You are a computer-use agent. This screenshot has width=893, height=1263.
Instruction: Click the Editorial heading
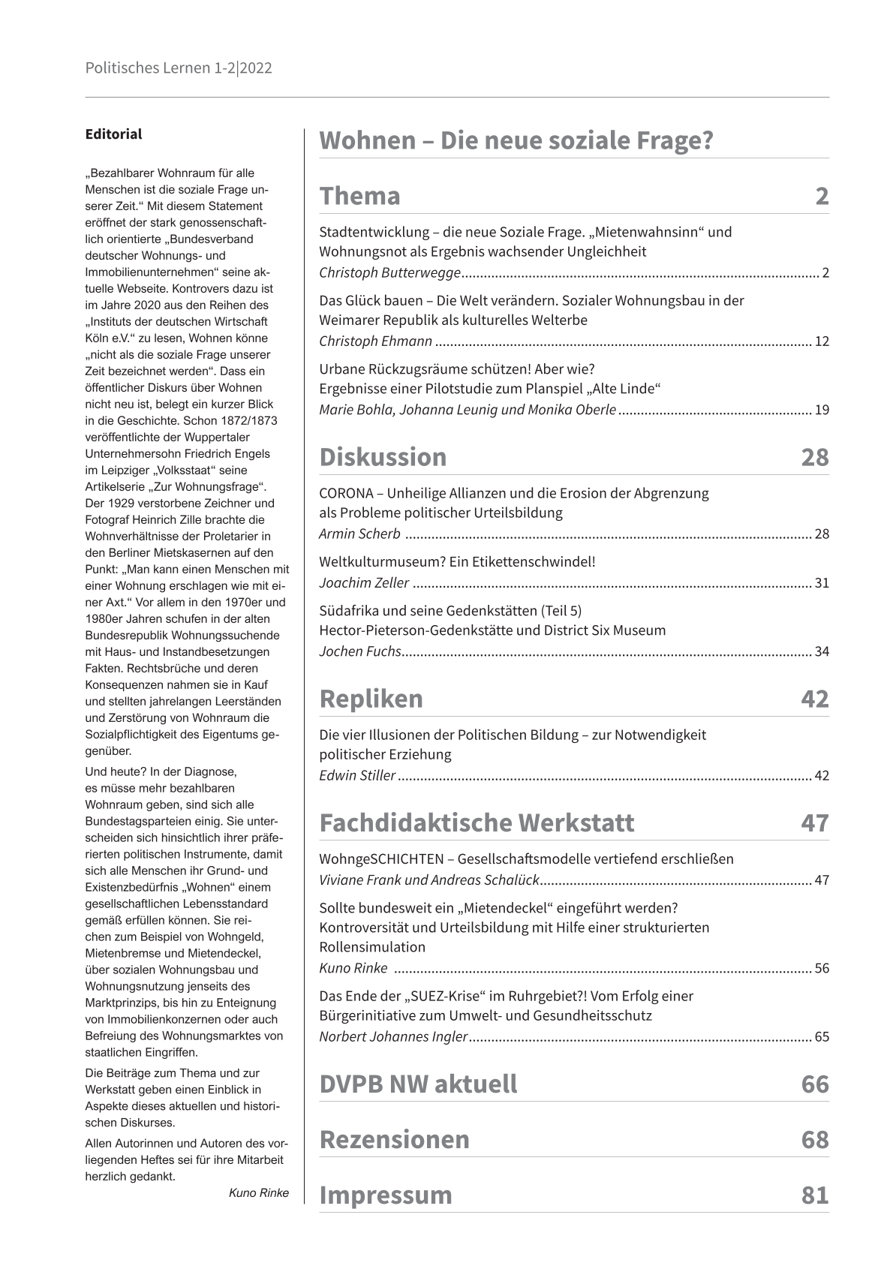tap(113, 134)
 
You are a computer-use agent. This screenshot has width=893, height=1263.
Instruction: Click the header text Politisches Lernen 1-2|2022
tap(178, 68)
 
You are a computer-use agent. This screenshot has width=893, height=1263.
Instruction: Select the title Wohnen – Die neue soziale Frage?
tap(516, 140)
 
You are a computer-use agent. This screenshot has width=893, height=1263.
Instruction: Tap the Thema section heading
tap(359, 196)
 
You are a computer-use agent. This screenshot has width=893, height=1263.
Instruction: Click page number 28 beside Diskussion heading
tap(814, 457)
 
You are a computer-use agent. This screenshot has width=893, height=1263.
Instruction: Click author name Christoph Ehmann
tap(375, 341)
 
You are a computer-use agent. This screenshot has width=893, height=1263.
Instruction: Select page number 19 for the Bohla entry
tap(821, 410)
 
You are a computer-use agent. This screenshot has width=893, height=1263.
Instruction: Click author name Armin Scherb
tap(359, 534)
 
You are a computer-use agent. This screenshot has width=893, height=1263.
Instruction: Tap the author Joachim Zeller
tap(364, 583)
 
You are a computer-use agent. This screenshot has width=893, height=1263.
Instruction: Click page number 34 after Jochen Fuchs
tap(821, 651)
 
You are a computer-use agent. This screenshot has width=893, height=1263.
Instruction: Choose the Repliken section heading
tap(371, 699)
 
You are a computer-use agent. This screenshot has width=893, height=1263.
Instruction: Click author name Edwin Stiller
tap(357, 776)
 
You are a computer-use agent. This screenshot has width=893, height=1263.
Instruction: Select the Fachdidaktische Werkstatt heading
tap(477, 822)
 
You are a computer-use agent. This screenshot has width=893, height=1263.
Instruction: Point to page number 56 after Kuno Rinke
tap(821, 968)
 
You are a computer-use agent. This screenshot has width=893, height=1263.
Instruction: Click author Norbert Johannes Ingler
tap(393, 1037)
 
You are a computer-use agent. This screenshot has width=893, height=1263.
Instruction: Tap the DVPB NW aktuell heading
tap(418, 1084)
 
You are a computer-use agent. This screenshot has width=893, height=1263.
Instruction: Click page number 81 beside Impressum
tap(814, 1195)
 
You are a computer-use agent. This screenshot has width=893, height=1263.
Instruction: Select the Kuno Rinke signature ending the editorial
tap(258, 1193)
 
